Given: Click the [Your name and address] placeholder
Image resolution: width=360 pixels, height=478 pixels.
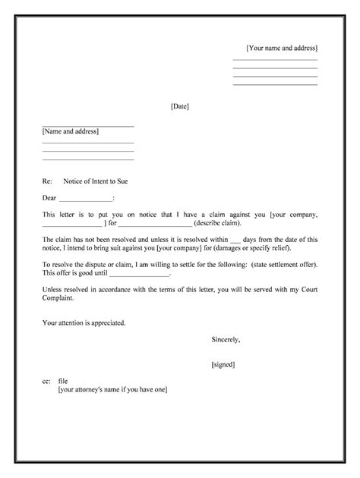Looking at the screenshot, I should (282, 48).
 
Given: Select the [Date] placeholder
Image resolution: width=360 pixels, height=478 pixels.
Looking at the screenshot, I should (180, 106).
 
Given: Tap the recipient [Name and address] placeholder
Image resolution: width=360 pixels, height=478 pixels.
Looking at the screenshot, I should (71, 131).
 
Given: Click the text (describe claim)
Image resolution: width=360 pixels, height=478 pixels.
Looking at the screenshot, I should (217, 224).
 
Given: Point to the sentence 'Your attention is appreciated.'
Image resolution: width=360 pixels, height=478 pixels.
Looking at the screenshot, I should (84, 322).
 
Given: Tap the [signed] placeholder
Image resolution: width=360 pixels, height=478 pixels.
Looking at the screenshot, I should (223, 364).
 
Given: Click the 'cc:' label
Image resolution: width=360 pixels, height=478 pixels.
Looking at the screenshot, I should (46, 381).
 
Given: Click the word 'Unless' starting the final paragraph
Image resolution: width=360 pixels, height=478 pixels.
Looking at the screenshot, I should (52, 290).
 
